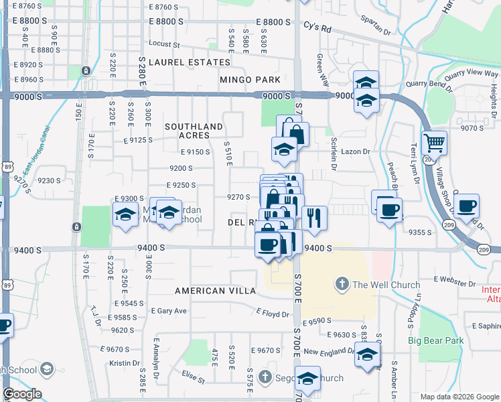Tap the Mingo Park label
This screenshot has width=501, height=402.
tap(250, 80)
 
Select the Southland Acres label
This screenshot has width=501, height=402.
tap(194, 131)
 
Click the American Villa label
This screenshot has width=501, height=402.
tap(215, 291)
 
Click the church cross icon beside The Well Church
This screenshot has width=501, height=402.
tap(342, 284)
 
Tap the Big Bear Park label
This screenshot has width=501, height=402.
tap(436, 340)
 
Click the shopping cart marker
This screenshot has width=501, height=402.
tap(434, 141)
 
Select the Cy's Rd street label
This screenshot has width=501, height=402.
tap(317, 29)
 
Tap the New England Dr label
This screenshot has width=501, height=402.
tap(328, 351)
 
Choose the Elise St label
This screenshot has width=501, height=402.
tap(193, 379)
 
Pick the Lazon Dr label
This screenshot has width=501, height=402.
tap(355, 152)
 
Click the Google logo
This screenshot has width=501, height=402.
tap(22, 394)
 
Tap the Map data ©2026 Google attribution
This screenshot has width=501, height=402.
tap(459, 397)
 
